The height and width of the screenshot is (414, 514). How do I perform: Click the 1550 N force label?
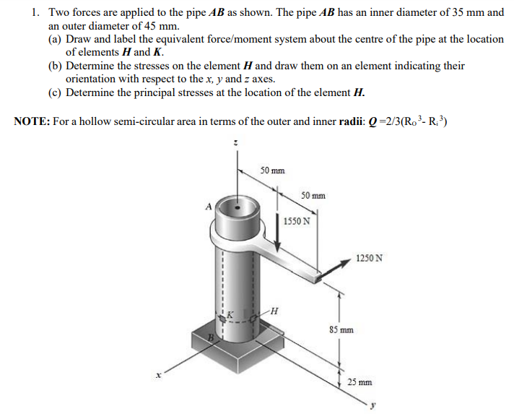(x=296, y=221)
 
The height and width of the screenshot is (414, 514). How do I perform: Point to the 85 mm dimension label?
(x=341, y=330)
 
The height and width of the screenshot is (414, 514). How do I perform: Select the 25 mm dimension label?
(x=360, y=381)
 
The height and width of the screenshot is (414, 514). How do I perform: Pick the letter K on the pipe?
(x=231, y=314)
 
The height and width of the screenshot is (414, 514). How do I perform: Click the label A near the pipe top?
(x=209, y=206)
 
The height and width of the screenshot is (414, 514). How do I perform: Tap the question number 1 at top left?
(x=34, y=13)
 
